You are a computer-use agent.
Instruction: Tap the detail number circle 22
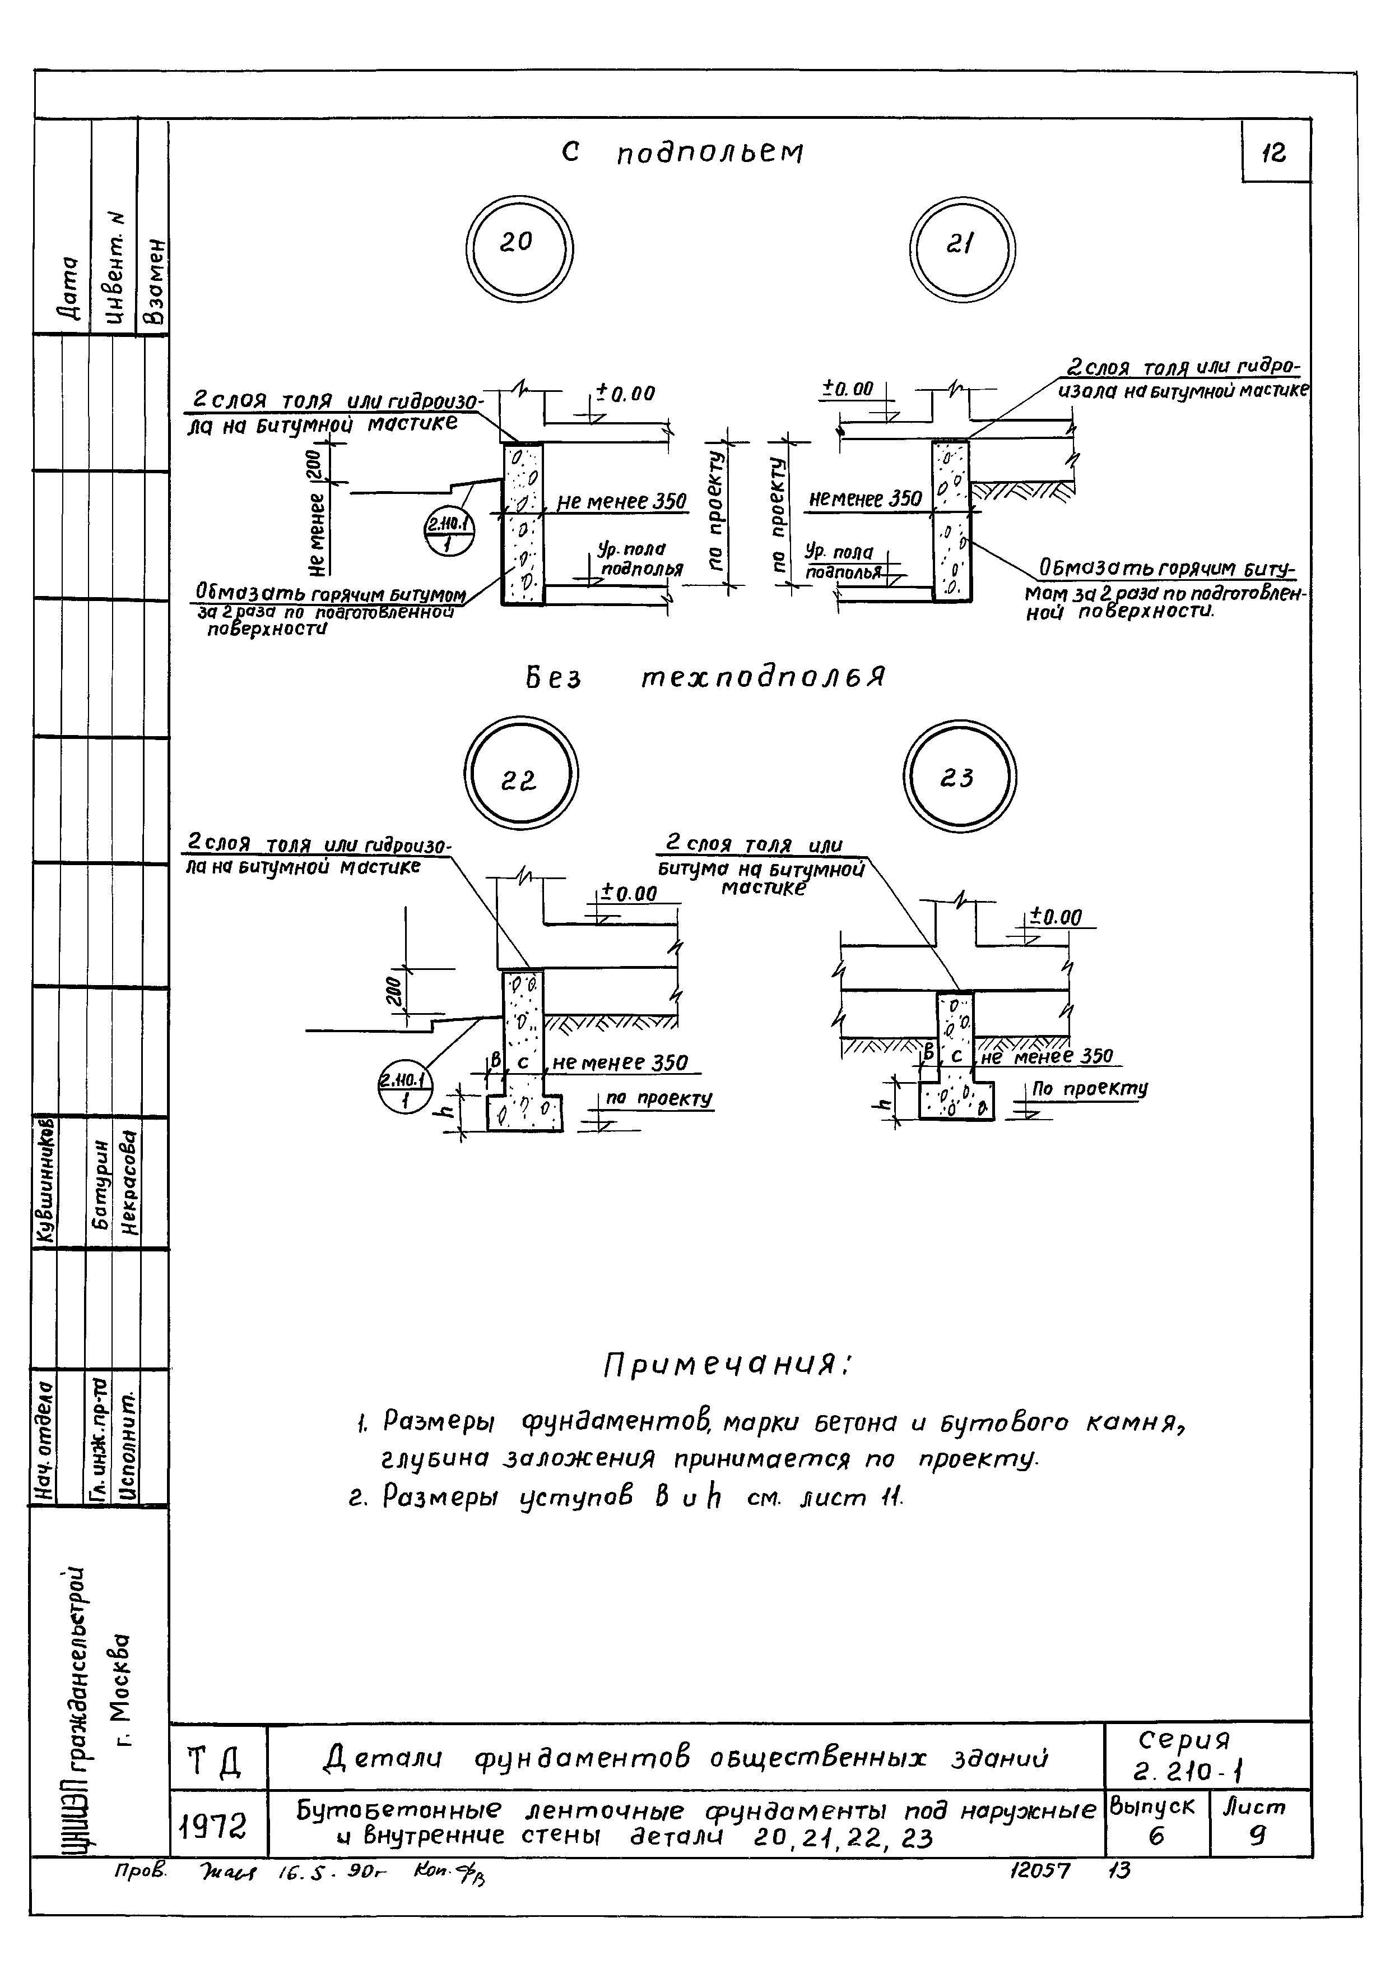(x=520, y=773)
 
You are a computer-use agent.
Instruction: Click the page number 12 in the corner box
(x=1275, y=153)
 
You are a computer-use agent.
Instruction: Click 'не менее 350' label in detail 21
(x=866, y=500)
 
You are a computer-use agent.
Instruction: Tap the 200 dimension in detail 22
(x=393, y=991)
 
